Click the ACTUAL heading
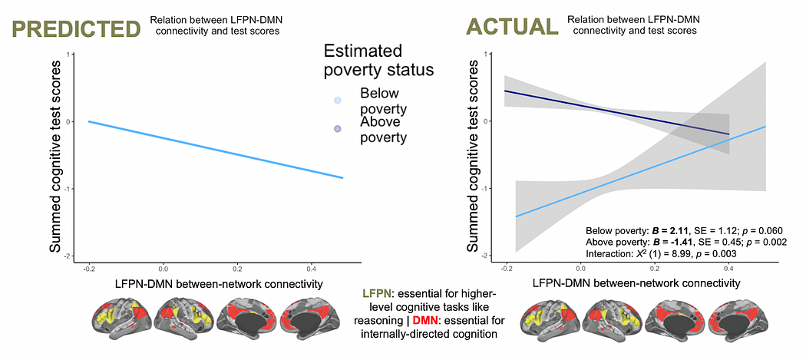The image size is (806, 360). click(511, 28)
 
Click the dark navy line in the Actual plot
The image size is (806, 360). click(614, 112)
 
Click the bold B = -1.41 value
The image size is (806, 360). click(672, 242)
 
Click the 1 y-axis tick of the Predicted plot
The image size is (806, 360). click(70, 54)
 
